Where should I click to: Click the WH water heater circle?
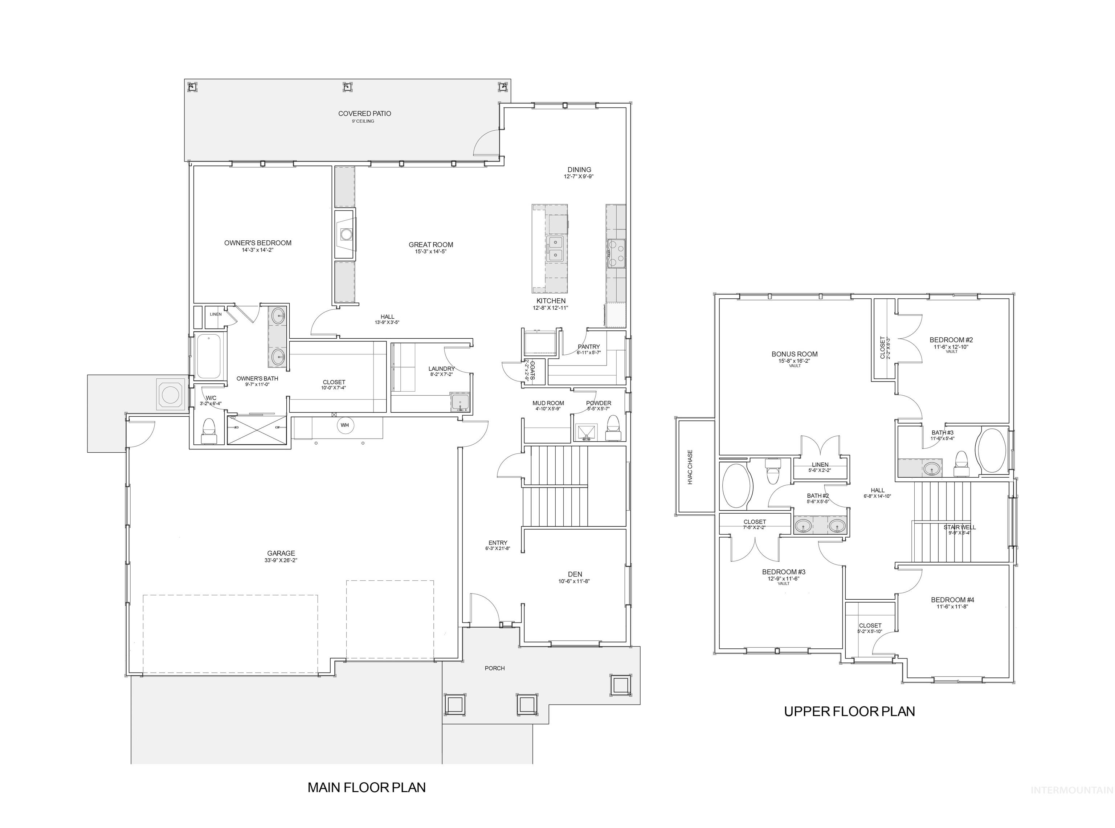345,425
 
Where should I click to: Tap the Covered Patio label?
364,114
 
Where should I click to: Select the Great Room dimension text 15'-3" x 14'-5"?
430,252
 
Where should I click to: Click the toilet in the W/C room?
208,429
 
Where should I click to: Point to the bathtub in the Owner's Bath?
208,356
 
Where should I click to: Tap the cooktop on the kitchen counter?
616,254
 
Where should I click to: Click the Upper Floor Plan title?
849,711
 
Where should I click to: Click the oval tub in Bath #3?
991,450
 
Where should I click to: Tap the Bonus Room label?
794,354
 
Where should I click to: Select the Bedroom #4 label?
952,599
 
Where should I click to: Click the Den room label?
575,574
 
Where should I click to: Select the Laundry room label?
441,369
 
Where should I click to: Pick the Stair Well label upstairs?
959,527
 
